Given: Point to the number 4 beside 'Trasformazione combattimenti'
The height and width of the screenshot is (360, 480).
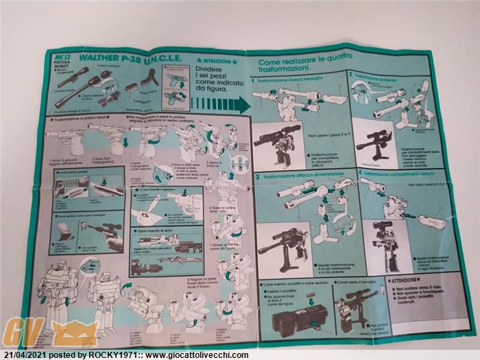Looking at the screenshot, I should coord(359,173).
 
